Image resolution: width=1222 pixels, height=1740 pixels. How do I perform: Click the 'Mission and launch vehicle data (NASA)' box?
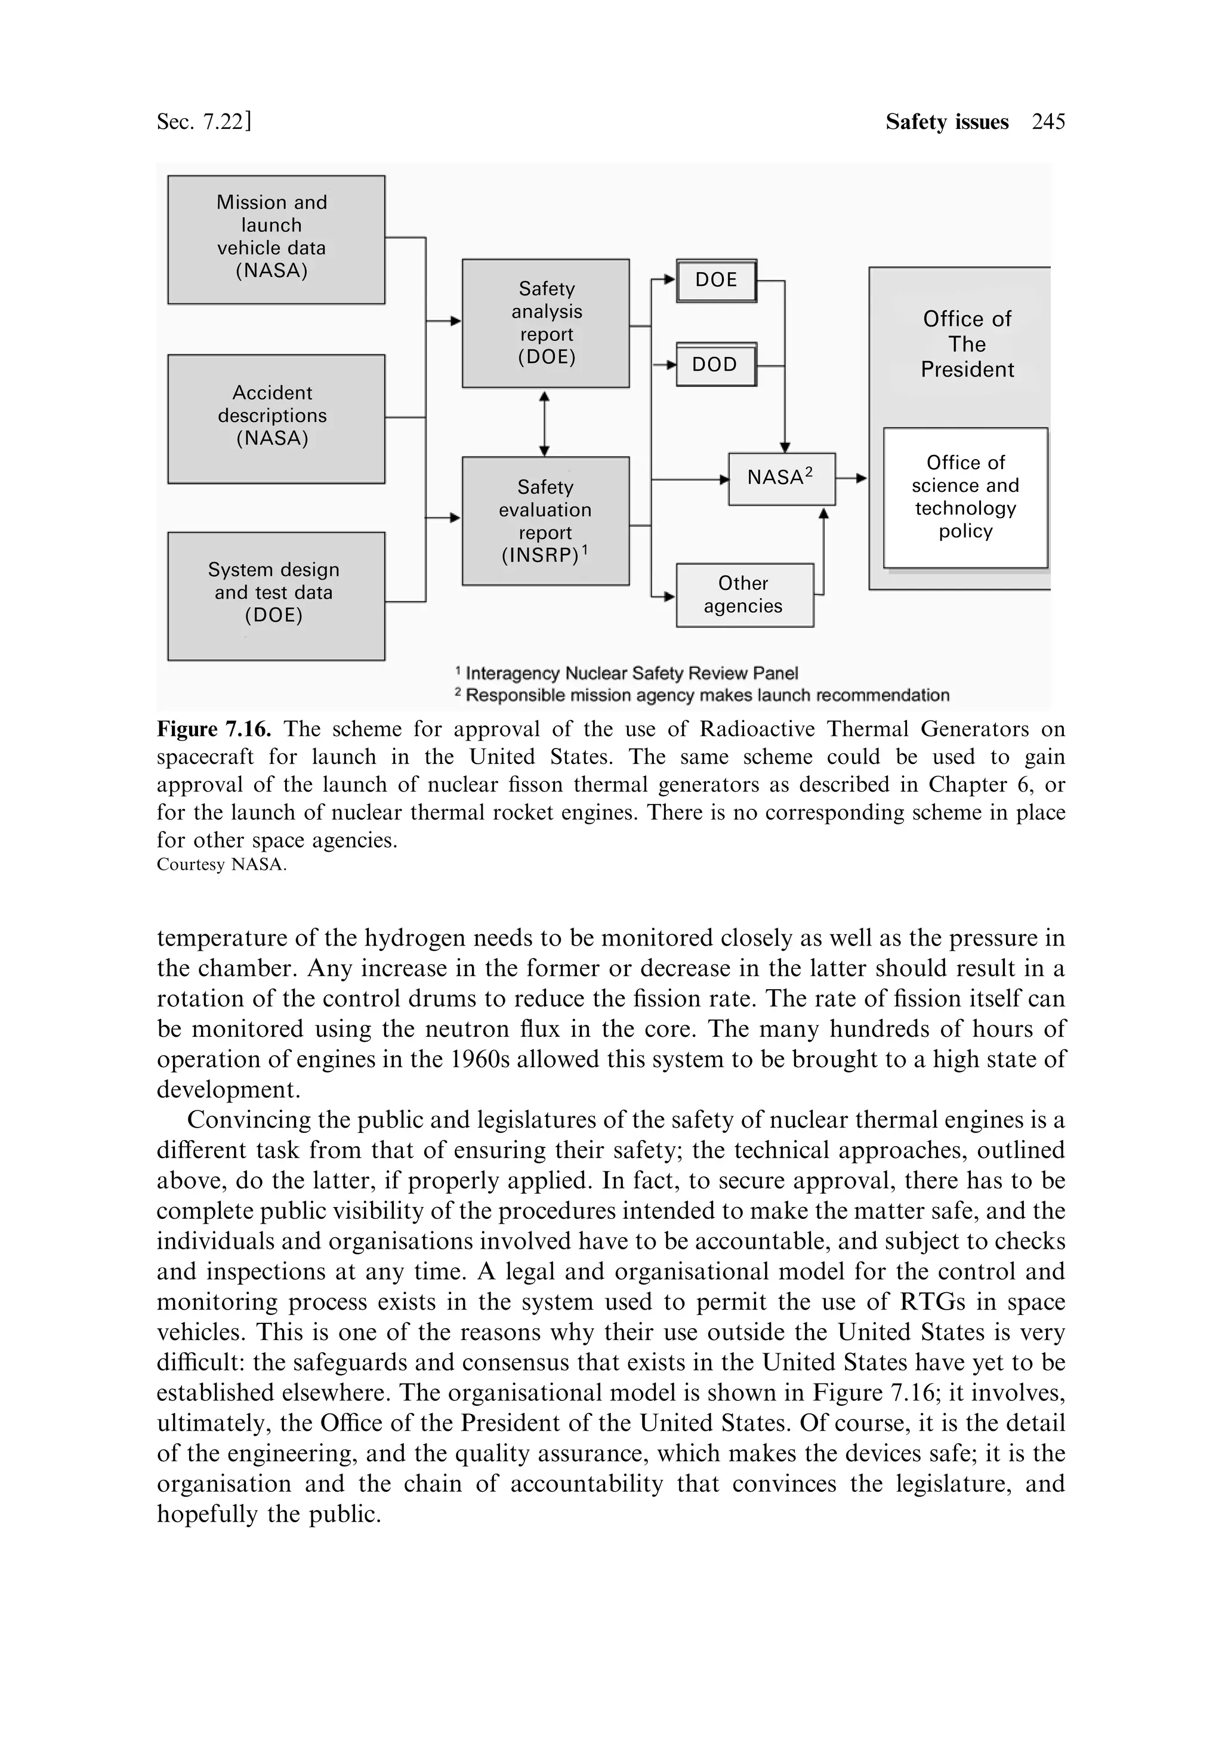coord(276,239)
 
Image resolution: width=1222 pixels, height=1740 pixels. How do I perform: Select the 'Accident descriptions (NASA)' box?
coord(276,418)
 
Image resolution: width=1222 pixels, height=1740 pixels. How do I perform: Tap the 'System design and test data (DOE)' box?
coord(276,596)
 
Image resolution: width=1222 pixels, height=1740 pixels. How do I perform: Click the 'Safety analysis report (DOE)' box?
coord(545,324)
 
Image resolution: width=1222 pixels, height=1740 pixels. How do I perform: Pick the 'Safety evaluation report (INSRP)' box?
coord(545,521)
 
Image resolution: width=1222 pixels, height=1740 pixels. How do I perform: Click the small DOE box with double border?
coord(716,281)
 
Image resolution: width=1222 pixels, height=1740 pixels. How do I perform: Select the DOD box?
coord(716,365)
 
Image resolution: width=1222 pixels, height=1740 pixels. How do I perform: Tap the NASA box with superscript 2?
coord(781,479)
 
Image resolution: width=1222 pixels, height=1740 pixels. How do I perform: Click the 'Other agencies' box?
coord(744,595)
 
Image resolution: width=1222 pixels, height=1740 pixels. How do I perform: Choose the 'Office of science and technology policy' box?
coord(965,497)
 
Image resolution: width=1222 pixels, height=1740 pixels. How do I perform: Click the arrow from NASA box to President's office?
coord(852,479)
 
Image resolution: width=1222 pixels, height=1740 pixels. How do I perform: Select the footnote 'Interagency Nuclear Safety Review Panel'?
coord(631,673)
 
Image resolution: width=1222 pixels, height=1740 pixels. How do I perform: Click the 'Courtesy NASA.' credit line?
coord(221,865)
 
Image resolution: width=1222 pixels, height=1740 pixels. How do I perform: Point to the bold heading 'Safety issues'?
coord(946,122)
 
